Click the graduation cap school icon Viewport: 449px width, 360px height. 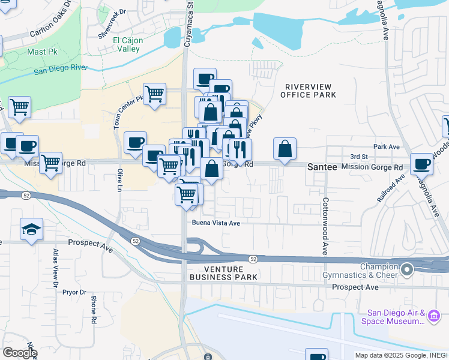click(x=31, y=229)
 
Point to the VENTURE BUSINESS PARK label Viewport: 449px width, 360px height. click(x=224, y=273)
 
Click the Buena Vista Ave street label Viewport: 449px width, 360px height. click(x=216, y=223)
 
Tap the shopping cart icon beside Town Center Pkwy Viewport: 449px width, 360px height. click(x=154, y=94)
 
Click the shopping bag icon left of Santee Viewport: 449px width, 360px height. click(x=285, y=149)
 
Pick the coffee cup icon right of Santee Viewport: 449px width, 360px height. click(x=422, y=163)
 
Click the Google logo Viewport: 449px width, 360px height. click(x=20, y=353)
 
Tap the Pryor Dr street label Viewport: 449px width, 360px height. click(x=74, y=292)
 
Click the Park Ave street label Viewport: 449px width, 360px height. click(x=386, y=146)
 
